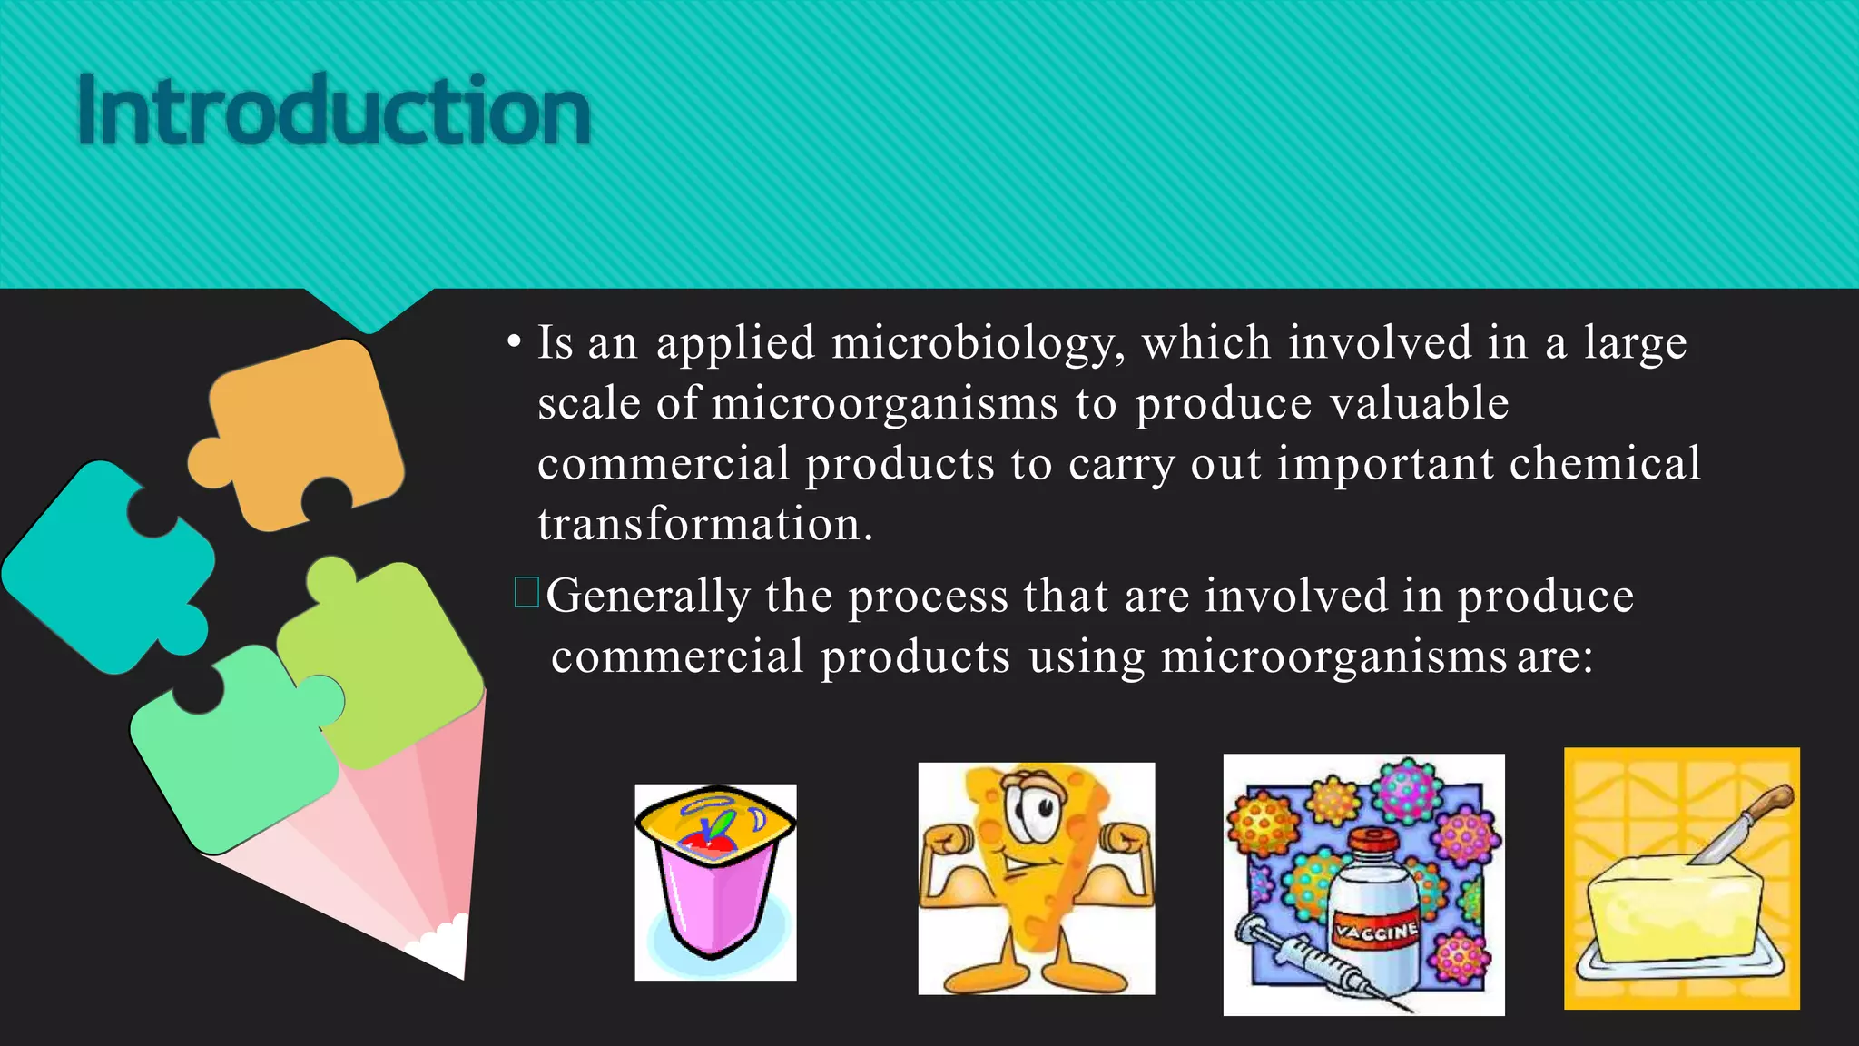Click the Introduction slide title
[x=334, y=111]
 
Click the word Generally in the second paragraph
[x=647, y=597]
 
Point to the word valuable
[x=1412, y=403]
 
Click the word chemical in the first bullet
[x=1605, y=464]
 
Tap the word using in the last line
[x=1087, y=656]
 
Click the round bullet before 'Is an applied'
[x=515, y=343]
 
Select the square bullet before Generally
[x=526, y=593]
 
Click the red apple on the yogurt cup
[x=708, y=840]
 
